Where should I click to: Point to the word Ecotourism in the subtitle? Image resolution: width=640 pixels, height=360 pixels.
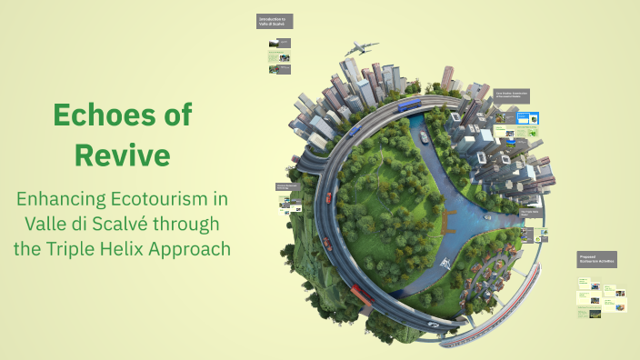pyautogui.click(x=185, y=198)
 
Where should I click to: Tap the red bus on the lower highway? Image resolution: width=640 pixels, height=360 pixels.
pyautogui.click(x=362, y=293)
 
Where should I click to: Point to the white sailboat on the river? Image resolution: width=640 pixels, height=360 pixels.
pyautogui.click(x=446, y=262)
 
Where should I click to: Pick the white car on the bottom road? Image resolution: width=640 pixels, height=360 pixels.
pyautogui.click(x=435, y=325)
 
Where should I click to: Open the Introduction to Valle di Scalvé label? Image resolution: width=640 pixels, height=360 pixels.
pyautogui.click(x=273, y=21)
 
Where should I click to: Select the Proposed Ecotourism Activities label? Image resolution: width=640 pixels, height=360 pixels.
pyautogui.click(x=596, y=260)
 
